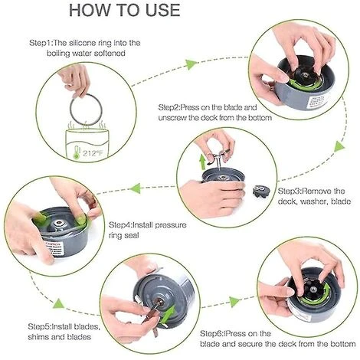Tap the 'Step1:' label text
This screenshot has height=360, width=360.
[42, 43]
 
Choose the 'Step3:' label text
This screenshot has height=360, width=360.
[292, 190]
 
